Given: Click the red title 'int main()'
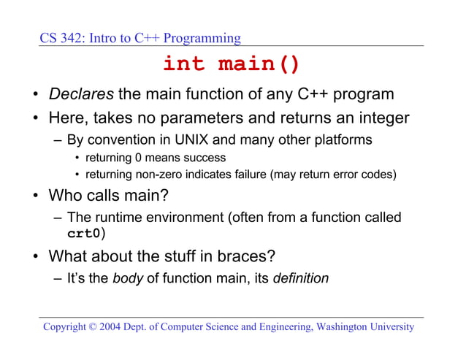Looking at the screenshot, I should [231, 64].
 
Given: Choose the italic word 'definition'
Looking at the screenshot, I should [300, 278].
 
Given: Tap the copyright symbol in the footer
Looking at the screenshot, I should [92, 327].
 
